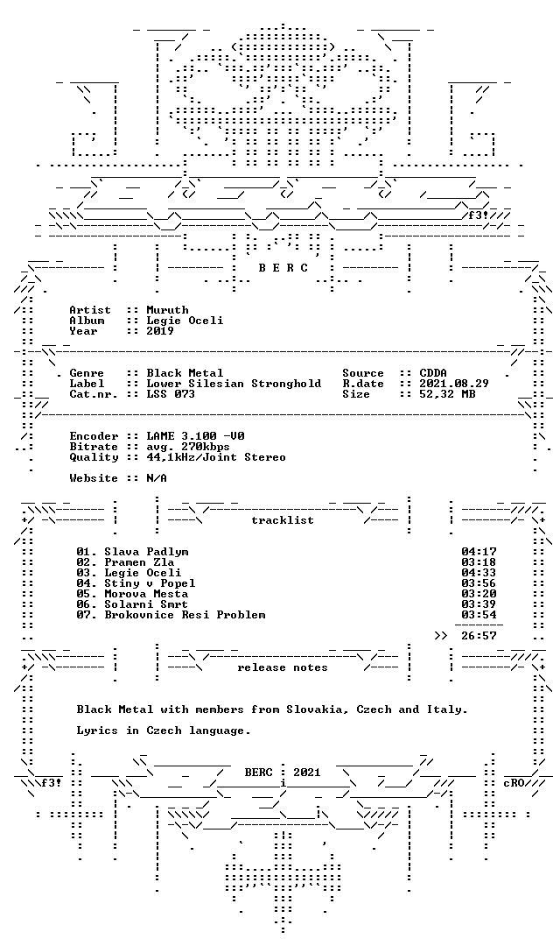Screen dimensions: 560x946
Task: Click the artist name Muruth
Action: [x=168, y=310]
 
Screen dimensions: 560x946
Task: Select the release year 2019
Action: [x=160, y=330]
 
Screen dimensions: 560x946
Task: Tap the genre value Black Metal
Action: [x=185, y=373]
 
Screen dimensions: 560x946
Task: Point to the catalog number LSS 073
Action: [x=171, y=394]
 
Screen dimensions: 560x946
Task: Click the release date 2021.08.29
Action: [x=454, y=384]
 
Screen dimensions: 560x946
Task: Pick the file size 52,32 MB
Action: [x=447, y=394]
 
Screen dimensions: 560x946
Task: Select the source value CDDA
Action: [x=433, y=373]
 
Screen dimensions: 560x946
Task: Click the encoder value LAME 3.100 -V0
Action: [x=195, y=436]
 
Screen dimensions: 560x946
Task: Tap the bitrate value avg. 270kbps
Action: [x=188, y=447]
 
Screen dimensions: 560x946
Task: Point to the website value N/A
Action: [x=157, y=478]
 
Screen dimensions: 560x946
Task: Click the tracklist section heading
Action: [x=283, y=520]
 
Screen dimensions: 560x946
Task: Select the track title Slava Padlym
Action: [x=146, y=552]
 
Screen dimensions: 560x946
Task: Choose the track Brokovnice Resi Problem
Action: [x=185, y=615]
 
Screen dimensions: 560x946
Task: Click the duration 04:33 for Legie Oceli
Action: [x=479, y=573]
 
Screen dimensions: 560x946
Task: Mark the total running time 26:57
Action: [x=479, y=635]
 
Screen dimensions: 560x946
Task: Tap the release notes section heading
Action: [x=283, y=667]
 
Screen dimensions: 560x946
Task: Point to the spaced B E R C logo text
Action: [x=283, y=268]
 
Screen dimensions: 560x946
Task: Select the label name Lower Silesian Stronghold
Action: [x=234, y=384]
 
